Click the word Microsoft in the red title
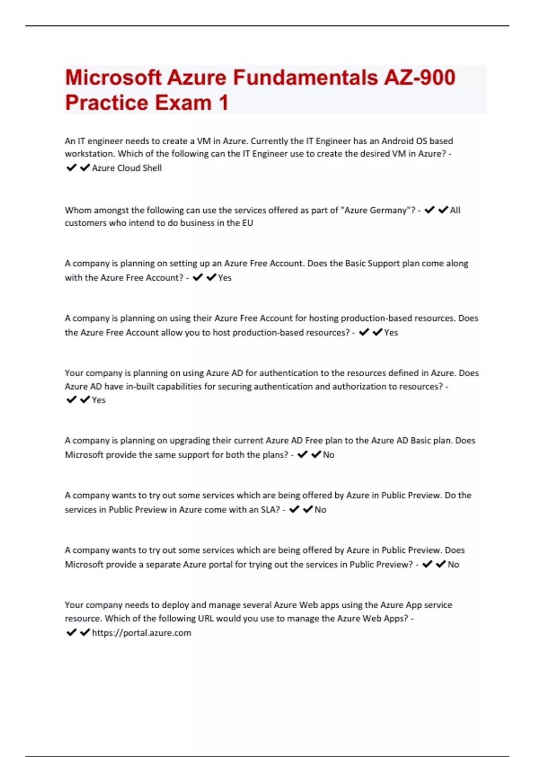pos(113,77)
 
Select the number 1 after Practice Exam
pos(223,103)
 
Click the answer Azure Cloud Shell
pos(127,168)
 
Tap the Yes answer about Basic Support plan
pos(225,278)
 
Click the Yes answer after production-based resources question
pos(391,333)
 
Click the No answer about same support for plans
pos(329,455)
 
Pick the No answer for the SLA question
pos(320,510)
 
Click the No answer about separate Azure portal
pos(453,565)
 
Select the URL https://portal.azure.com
pos(141,633)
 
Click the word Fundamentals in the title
pos(305,77)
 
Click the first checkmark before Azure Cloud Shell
pos(71,168)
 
